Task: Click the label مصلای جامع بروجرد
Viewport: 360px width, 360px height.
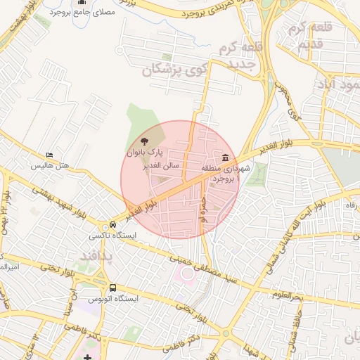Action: click(82, 12)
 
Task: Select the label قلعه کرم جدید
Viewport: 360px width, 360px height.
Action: click(252, 56)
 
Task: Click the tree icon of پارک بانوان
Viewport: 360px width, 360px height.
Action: click(145, 141)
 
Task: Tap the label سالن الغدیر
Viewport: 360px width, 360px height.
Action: click(162, 165)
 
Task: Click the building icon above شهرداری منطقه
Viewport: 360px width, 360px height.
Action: click(225, 157)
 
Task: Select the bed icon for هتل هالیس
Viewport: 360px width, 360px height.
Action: click(49, 155)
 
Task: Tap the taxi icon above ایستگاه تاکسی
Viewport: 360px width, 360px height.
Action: click(112, 226)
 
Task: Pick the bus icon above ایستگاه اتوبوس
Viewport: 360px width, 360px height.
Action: click(113, 288)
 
